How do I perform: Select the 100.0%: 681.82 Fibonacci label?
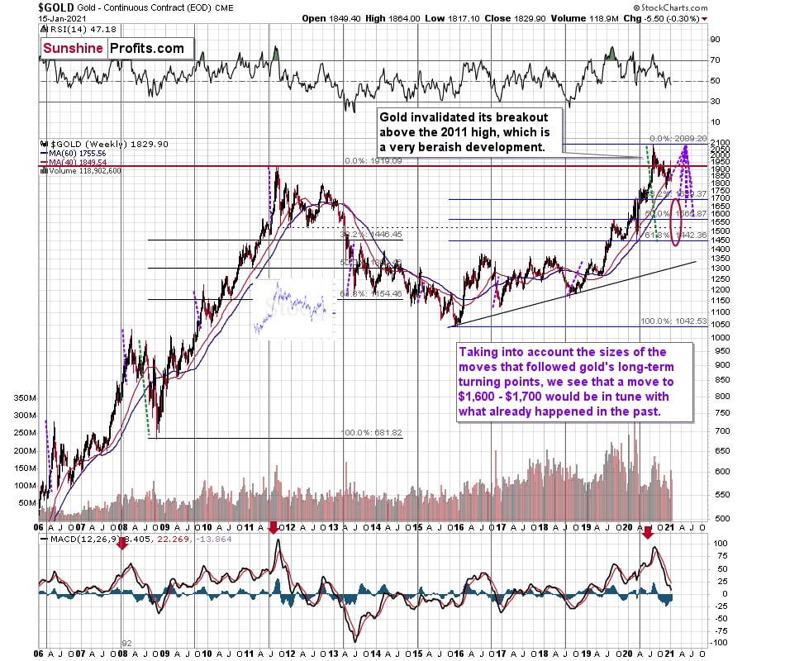point(371,433)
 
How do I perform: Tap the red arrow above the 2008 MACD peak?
point(122,544)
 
